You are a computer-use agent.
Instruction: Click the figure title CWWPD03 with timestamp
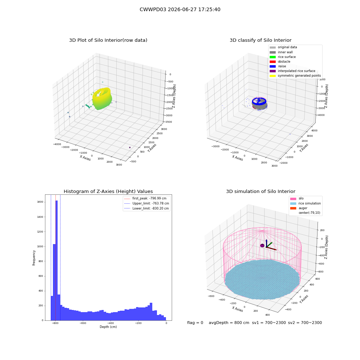180,9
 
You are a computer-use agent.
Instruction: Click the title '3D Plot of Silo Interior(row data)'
108,40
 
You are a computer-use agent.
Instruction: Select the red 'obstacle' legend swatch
273,62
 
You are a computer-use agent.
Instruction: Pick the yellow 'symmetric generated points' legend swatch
273,76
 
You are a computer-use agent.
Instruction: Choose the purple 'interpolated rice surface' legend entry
292,71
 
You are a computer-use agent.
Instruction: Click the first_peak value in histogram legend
158,198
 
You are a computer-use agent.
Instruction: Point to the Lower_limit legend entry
147,208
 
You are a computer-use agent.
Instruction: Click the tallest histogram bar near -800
57,260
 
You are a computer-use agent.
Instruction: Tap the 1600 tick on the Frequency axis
40,202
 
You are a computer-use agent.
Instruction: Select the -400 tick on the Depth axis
111,323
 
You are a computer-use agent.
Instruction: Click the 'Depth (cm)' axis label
108,327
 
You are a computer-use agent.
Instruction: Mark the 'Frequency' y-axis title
34,258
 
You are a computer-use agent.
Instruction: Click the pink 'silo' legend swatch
293,199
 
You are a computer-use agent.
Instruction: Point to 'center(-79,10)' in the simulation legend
309,213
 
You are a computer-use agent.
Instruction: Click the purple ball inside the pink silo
262,246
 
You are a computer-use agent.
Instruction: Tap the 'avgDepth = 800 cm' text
229,323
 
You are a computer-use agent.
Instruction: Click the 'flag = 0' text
195,323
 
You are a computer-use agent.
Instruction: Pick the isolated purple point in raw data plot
130,147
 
